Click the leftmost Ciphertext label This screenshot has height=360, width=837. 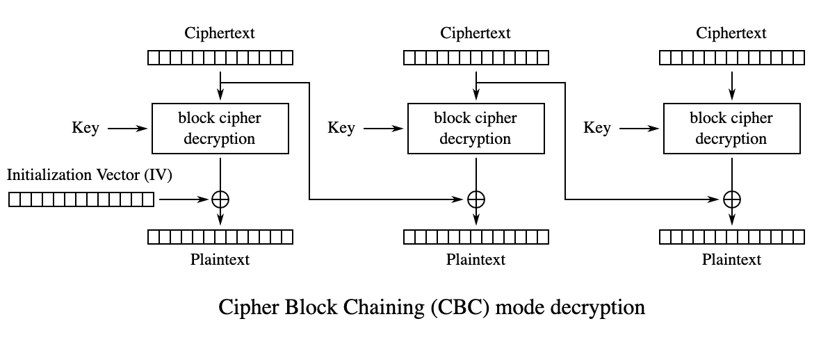point(220,33)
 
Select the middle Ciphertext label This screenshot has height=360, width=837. point(476,33)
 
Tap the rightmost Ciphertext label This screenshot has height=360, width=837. point(731,33)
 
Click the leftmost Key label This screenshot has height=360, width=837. point(86,128)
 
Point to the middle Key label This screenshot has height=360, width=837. point(341,128)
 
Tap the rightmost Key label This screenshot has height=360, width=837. point(597,128)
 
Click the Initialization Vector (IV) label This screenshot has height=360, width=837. point(89,175)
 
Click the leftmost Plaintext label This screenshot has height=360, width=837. point(220,259)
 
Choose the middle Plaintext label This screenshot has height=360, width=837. point(476,259)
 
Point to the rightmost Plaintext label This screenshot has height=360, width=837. point(731,259)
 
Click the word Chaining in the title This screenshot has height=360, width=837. point(384,308)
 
